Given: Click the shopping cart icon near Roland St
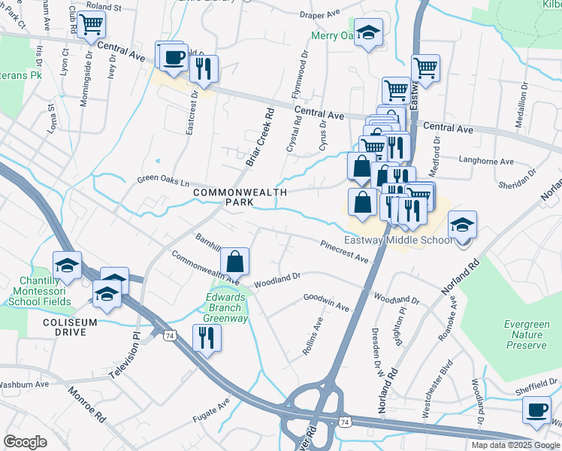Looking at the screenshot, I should pyautogui.click(x=91, y=23).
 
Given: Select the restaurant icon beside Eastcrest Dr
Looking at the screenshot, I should pyautogui.click(x=204, y=68).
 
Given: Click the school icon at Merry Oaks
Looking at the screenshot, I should pyautogui.click(x=367, y=32).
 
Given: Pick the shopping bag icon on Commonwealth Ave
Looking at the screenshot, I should pyautogui.click(x=234, y=262).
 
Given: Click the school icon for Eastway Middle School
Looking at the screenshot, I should pyautogui.click(x=462, y=224).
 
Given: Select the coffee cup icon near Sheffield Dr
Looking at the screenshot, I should pyautogui.click(x=536, y=410).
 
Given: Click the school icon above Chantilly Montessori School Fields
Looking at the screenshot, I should pyautogui.click(x=68, y=265).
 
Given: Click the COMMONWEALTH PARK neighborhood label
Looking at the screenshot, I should pyautogui.click(x=230, y=198).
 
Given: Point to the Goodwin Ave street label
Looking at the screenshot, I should pyautogui.click(x=326, y=302).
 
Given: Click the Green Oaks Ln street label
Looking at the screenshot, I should pyautogui.click(x=162, y=181).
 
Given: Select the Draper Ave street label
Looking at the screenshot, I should pyautogui.click(x=320, y=14).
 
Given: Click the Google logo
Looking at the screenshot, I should pyautogui.click(x=25, y=441).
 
